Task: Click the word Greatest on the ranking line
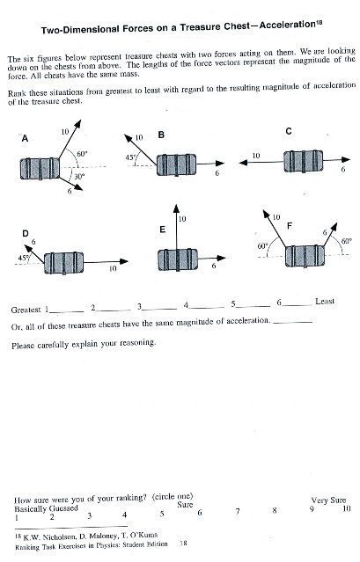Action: [x=26, y=310]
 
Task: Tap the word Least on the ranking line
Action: [x=325, y=302]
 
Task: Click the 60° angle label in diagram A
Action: [x=81, y=153]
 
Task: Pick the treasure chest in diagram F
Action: [x=305, y=260]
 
